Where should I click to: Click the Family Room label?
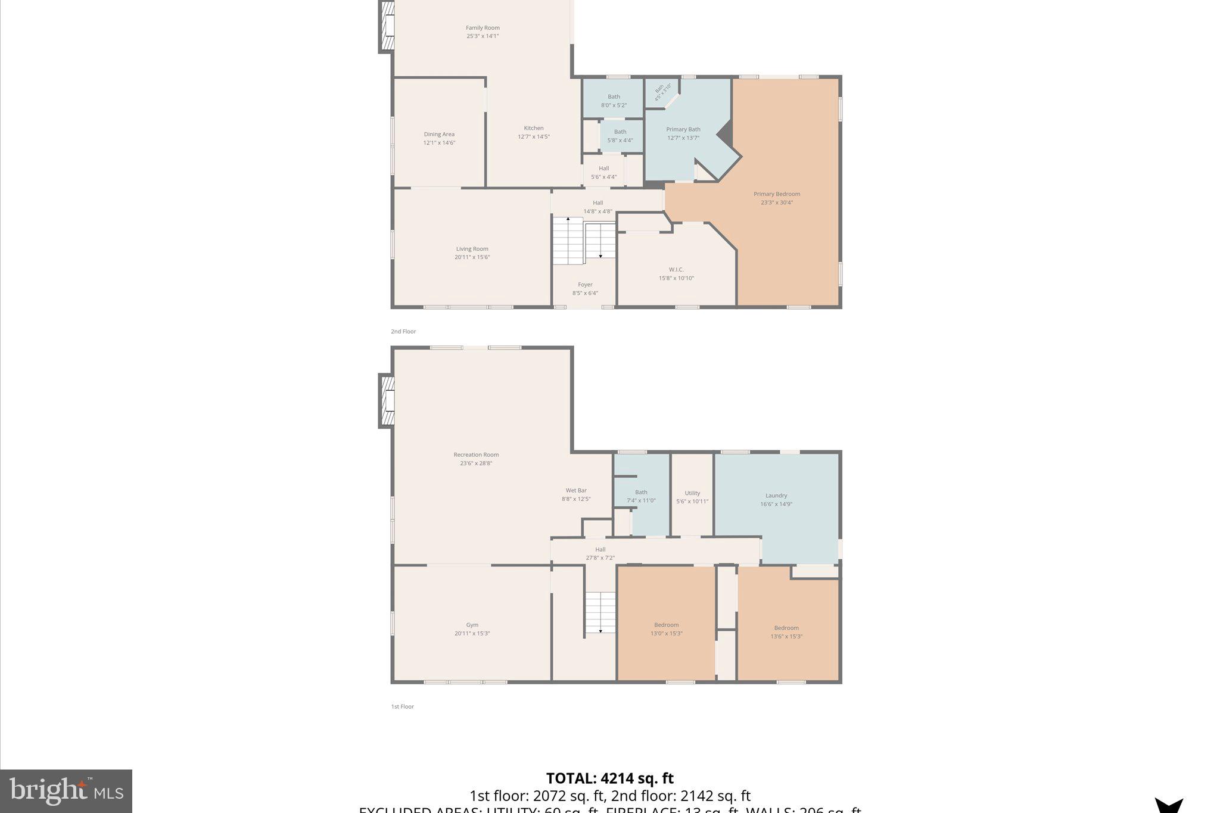coord(483,28)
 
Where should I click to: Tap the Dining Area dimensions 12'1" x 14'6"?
coord(439,143)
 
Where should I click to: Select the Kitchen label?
coord(533,128)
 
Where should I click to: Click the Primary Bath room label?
coord(683,129)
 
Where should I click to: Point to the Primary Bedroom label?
coord(776,194)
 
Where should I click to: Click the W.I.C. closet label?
coord(676,270)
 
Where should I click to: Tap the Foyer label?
coord(585,285)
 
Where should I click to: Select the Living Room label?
coord(472,249)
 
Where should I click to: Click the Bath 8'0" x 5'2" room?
coord(614,101)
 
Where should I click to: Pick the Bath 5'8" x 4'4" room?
coord(620,136)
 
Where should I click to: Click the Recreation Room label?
coord(476,455)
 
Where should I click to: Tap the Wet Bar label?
coord(576,491)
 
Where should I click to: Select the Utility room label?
coord(692,493)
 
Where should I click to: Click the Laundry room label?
coord(776,496)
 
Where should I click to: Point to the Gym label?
coord(472,625)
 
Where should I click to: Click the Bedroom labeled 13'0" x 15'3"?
coord(666,629)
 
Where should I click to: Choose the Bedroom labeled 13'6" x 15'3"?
coord(786,631)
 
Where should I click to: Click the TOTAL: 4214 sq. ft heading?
coord(609,778)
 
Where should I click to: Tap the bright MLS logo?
coord(66,791)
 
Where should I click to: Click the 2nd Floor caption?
coord(403,332)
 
